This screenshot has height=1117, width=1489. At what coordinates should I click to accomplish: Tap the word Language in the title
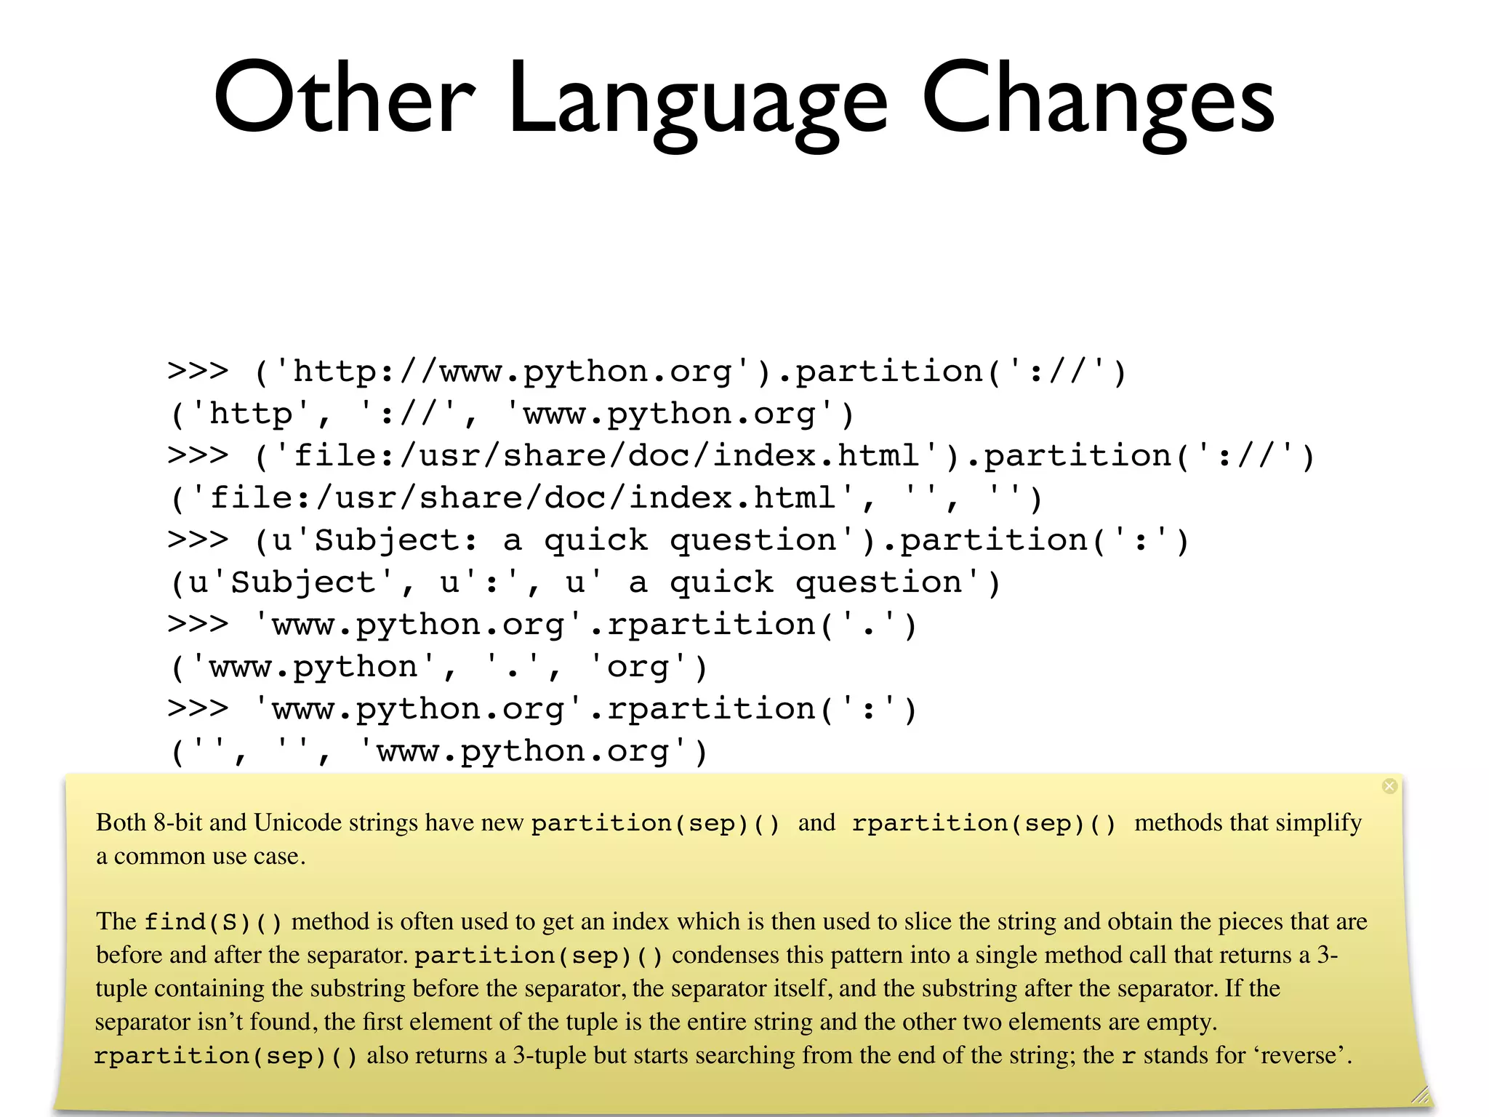pos(698,102)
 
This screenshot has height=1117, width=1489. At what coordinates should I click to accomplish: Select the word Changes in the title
pos(1098,98)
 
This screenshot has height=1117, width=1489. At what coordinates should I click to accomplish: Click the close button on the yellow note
pos(1389,786)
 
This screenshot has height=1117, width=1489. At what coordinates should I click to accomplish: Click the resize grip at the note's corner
pos(1420,1094)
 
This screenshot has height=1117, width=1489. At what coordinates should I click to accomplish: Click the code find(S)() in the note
pos(212,922)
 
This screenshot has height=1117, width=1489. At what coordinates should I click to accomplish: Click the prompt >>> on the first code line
pos(198,372)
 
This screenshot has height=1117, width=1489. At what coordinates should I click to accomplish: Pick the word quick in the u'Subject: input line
pos(595,540)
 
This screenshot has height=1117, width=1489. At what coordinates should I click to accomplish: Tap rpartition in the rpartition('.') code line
pos(711,625)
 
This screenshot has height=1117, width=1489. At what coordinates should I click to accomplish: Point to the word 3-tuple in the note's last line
pos(550,1055)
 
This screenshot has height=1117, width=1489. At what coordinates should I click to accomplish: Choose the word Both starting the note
pos(121,822)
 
